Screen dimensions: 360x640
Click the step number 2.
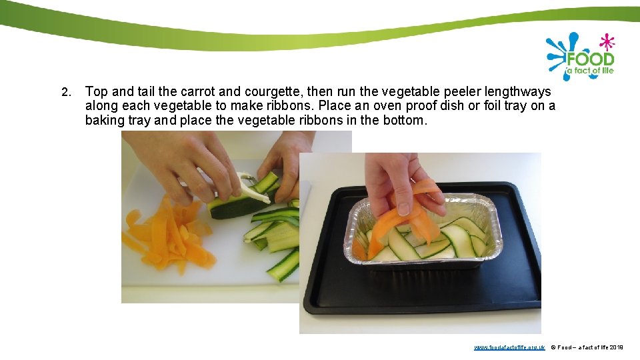(x=65, y=91)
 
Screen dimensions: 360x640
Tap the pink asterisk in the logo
(x=606, y=41)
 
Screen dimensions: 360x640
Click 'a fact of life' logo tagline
(x=589, y=71)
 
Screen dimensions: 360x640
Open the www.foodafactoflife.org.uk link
(x=509, y=347)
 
